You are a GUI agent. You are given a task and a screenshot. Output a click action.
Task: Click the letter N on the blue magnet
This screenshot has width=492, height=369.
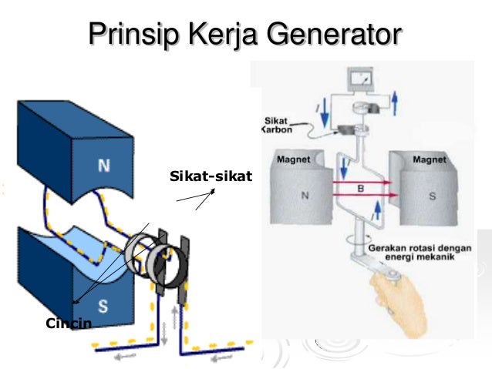103,164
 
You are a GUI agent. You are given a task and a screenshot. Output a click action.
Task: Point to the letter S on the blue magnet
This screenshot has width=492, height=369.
103,305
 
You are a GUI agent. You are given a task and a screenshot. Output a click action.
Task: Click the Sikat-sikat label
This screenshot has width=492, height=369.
205,179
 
